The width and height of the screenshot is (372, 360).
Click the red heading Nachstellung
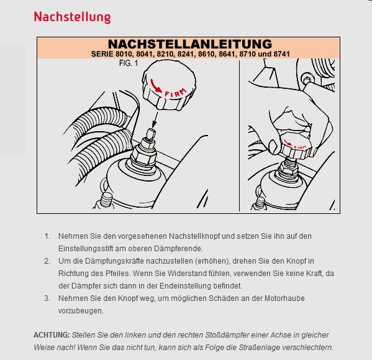coord(73,17)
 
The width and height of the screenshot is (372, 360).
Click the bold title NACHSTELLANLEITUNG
coord(190,44)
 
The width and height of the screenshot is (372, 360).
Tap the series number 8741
coord(281,54)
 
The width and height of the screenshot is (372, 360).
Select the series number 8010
coord(124,54)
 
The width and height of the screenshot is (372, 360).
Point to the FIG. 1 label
coord(129,63)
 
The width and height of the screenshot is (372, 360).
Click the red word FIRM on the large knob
coord(176,93)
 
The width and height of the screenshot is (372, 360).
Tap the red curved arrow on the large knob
coord(155,86)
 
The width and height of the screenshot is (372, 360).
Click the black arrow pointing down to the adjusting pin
coord(155,120)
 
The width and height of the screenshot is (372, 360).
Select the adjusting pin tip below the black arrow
coord(151,134)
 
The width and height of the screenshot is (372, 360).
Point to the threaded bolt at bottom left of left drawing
coord(106,200)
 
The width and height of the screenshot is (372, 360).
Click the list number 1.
coord(47,236)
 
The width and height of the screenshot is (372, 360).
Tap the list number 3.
coord(47,298)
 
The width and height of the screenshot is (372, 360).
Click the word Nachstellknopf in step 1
coord(194,236)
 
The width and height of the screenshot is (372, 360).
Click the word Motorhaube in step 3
coord(284,298)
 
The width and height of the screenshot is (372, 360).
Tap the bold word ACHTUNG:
coord(52,335)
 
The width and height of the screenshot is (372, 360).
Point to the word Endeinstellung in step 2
coord(185,286)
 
